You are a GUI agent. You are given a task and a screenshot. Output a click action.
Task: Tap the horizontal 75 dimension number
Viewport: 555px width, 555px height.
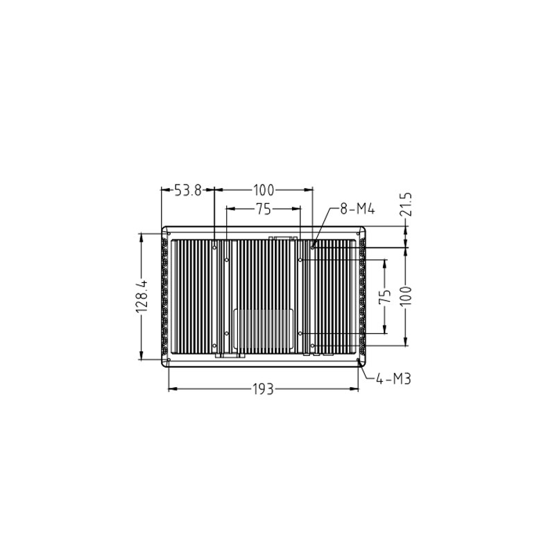[x=264, y=209]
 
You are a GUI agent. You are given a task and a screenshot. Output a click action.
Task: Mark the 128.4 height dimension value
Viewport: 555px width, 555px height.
[x=142, y=297]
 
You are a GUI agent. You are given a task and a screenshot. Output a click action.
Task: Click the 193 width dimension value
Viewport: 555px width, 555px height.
[x=264, y=390]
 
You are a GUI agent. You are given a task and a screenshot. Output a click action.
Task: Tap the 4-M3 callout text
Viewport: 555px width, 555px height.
[x=393, y=379]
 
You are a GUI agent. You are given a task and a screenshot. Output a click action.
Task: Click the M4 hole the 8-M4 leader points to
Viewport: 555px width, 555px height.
[x=313, y=246]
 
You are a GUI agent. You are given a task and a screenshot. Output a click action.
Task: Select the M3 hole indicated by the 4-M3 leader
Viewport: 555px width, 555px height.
[x=358, y=360]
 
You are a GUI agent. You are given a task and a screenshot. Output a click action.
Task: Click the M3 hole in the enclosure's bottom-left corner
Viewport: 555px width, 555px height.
[x=169, y=360]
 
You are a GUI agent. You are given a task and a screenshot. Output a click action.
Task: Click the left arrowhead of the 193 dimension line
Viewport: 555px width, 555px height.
[x=171, y=389]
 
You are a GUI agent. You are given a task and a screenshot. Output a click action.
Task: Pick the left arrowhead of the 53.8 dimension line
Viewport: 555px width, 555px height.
[x=164, y=190]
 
